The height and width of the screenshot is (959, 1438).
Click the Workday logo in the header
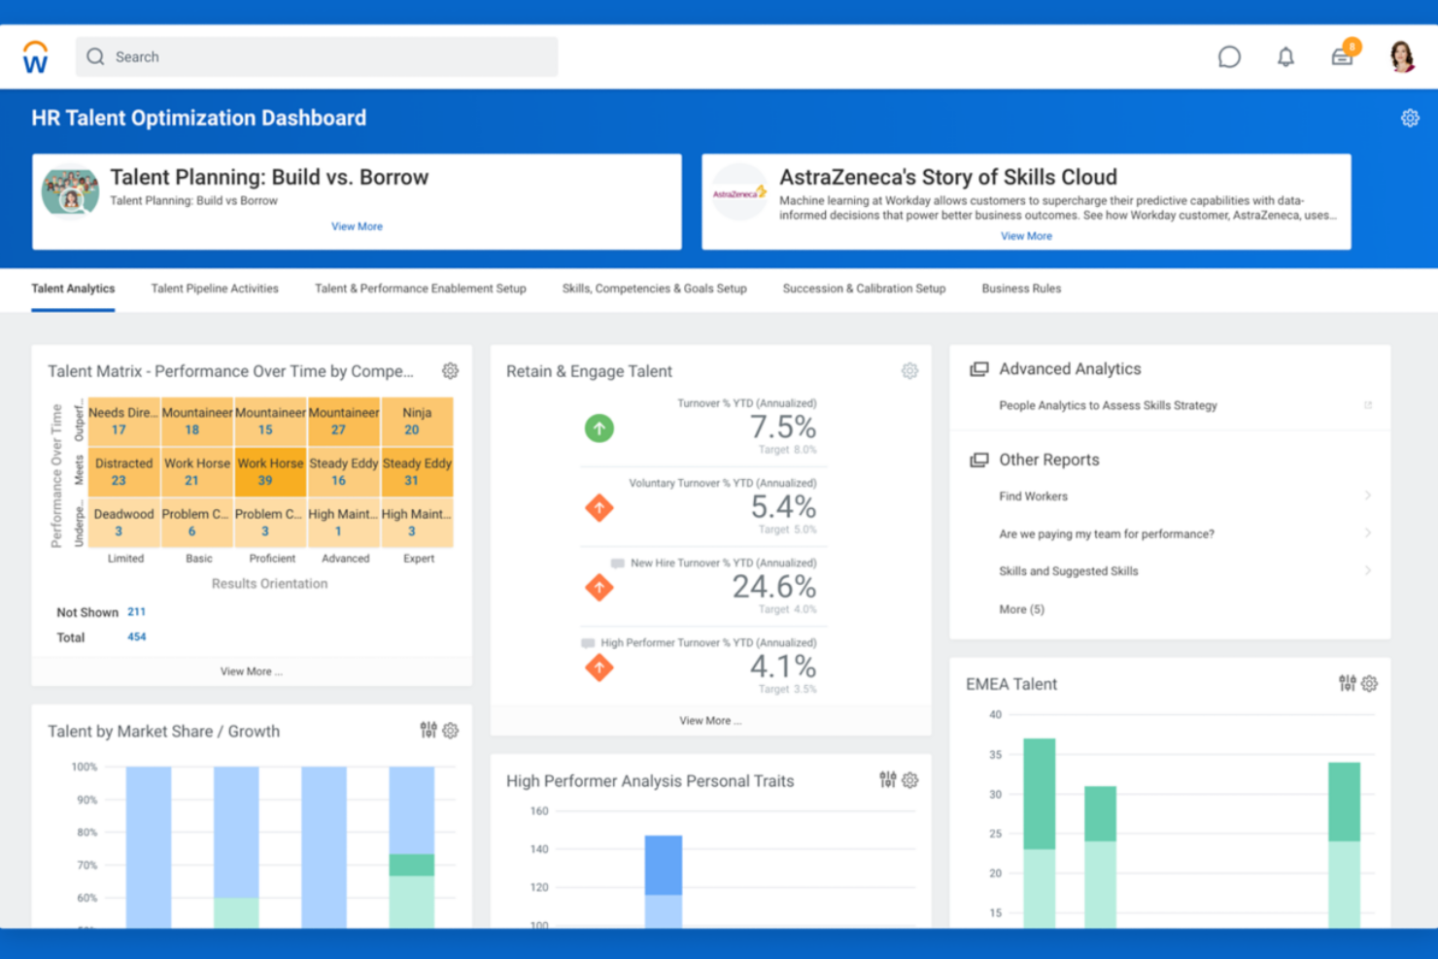[x=35, y=57]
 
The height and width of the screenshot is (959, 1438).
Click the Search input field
[x=317, y=57]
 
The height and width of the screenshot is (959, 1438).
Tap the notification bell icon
[x=1285, y=57]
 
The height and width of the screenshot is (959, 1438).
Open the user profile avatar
[x=1401, y=57]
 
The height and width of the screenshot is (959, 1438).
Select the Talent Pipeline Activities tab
[x=215, y=289]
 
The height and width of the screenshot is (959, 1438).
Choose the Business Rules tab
[x=1021, y=289]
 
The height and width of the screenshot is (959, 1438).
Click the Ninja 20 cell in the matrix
[x=417, y=422]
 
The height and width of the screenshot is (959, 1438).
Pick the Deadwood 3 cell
[x=123, y=523]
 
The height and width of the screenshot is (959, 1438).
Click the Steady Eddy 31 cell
[x=417, y=472]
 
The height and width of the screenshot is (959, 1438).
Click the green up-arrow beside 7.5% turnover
[x=599, y=428]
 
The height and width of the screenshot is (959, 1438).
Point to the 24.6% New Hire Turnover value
[x=773, y=587]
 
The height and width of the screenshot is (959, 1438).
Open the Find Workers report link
[x=1033, y=497]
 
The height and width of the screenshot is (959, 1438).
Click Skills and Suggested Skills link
[x=1068, y=571]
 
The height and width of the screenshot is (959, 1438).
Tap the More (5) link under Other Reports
[x=1021, y=609]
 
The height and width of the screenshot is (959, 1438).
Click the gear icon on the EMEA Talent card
[x=1370, y=684]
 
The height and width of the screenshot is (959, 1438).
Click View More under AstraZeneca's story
[x=1026, y=236]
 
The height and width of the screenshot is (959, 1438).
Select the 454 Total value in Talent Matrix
[x=136, y=637]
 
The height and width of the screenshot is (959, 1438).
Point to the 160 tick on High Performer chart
[x=539, y=811]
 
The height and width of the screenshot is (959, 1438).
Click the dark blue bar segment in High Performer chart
[x=664, y=865]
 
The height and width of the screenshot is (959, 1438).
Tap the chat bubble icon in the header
[x=1229, y=57]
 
